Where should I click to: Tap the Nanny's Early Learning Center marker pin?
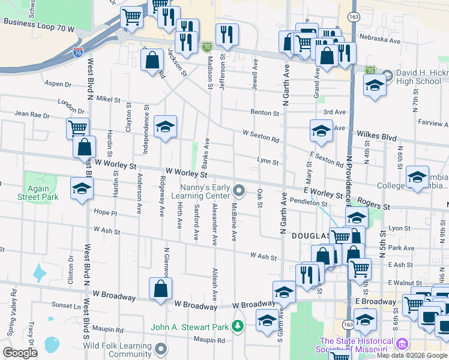[x=240, y=191]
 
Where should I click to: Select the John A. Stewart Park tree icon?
[x=238, y=326]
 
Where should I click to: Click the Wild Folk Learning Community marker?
[x=161, y=348]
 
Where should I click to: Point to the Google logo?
[x=20, y=353]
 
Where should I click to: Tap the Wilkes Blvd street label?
[x=376, y=136]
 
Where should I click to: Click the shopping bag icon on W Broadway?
[x=161, y=289]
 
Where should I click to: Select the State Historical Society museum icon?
[x=403, y=344]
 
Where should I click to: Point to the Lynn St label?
[x=268, y=162]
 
